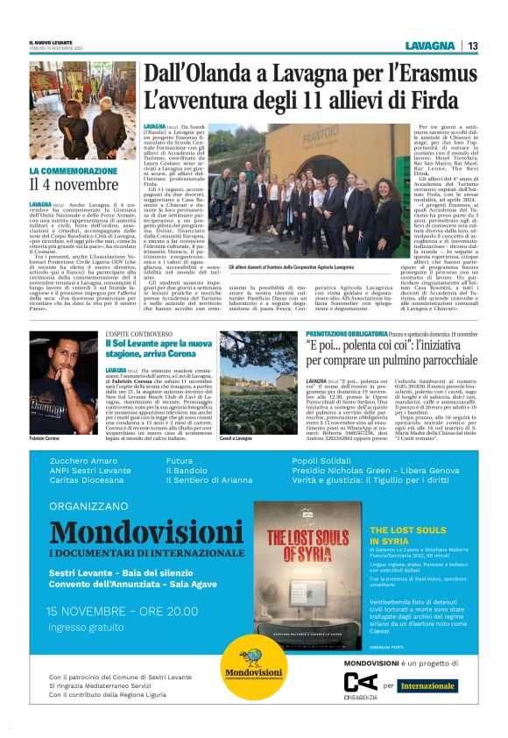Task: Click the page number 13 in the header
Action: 472,46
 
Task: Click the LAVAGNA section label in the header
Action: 429,46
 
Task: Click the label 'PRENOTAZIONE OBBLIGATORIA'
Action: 346,334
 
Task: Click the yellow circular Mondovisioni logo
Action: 254,668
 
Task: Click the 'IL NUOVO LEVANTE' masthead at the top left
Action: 55,42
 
